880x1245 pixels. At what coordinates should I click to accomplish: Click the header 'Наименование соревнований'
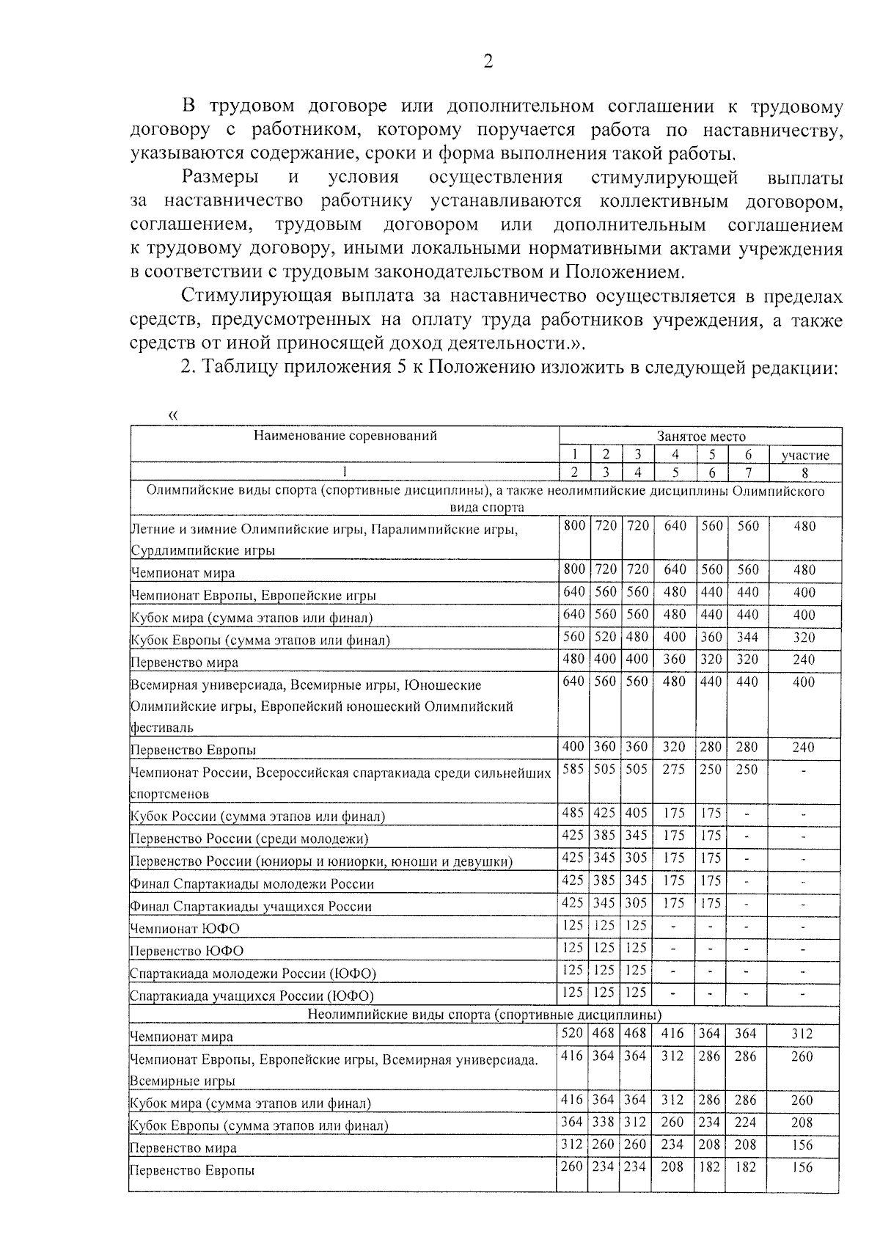pos(345,436)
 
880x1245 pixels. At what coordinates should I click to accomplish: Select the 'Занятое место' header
pos(700,436)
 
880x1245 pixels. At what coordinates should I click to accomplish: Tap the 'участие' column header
pos(804,456)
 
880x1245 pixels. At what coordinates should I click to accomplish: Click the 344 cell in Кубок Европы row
pos(747,637)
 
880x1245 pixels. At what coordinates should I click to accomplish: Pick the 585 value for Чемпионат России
pos(573,769)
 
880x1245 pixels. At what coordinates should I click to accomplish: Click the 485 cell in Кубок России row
pos(573,813)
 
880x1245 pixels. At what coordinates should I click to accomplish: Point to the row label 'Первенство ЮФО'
pos(186,952)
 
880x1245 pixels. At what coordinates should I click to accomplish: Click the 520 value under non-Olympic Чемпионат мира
pos(572,1033)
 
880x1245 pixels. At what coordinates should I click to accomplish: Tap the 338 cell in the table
pos(605,1122)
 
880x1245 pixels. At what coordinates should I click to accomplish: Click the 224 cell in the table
pos(746,1122)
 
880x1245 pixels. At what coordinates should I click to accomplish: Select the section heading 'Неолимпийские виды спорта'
pos(484,1015)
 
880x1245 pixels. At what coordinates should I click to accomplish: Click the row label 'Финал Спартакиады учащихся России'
pos(251,907)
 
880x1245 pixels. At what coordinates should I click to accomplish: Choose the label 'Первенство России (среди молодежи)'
pos(249,839)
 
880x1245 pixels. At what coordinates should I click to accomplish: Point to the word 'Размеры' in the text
pos(220,178)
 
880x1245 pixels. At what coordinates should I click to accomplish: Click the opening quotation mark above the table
pos(173,416)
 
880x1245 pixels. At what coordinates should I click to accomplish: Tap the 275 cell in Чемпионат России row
pos(673,769)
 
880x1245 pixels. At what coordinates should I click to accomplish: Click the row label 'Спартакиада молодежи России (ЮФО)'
pos(252,974)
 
